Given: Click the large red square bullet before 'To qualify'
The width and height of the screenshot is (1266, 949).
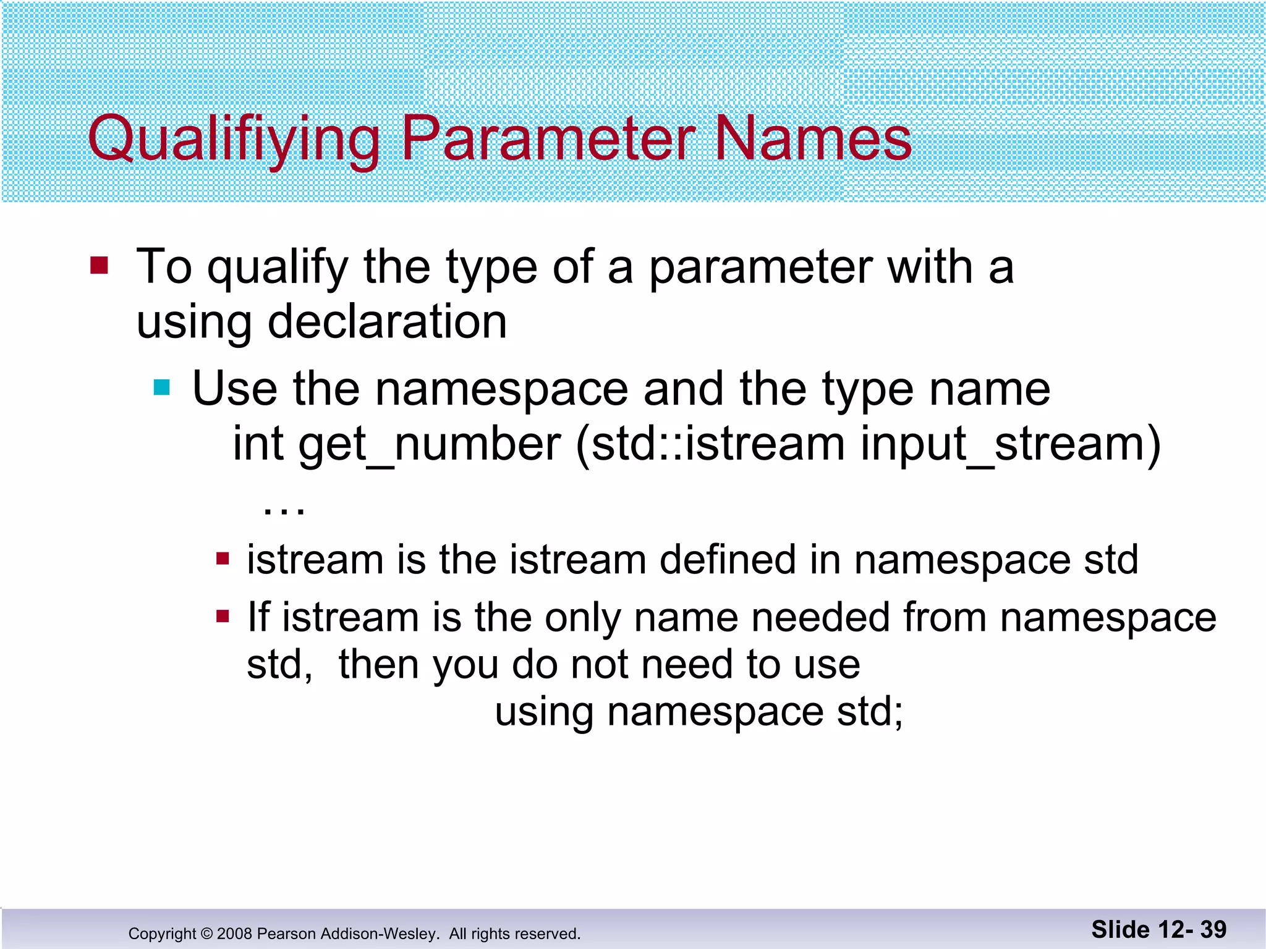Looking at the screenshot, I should (99, 266).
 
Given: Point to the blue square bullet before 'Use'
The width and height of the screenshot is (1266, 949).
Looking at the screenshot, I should (162, 387).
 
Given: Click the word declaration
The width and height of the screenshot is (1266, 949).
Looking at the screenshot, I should (387, 322).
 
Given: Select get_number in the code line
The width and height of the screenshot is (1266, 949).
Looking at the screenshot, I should (430, 444).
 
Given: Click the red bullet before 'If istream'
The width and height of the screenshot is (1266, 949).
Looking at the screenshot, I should (223, 616).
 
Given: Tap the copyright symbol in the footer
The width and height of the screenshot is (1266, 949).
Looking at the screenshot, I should (206, 934).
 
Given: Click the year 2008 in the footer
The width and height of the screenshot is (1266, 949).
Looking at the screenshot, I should (234, 934).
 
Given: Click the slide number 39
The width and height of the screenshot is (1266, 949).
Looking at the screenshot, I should (1213, 929).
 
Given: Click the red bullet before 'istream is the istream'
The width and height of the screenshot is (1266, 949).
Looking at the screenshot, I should (223, 560).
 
